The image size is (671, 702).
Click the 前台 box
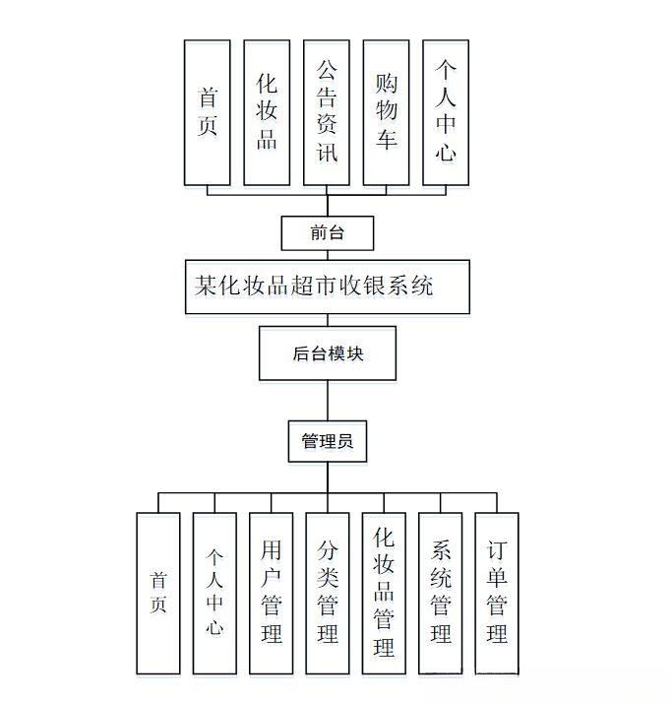(327, 233)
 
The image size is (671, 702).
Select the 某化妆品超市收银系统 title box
(327, 287)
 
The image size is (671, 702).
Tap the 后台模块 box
(327, 353)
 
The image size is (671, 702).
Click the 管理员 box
(327, 442)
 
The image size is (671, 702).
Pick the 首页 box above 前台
(208, 112)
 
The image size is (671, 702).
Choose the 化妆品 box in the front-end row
(267, 112)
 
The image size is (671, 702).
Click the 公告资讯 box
(327, 112)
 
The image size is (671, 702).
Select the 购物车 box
(386, 112)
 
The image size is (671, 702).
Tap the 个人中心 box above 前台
(446, 112)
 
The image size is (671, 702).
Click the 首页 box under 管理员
(158, 593)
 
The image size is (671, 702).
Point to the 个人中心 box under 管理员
(214, 593)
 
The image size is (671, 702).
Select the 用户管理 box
(272, 593)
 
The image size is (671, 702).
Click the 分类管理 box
(328, 593)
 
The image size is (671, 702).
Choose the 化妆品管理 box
(384, 593)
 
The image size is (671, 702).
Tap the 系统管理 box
(440, 593)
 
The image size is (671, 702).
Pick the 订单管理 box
(497, 593)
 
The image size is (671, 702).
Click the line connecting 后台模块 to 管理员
(328, 401)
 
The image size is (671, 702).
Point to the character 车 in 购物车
(386, 139)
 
